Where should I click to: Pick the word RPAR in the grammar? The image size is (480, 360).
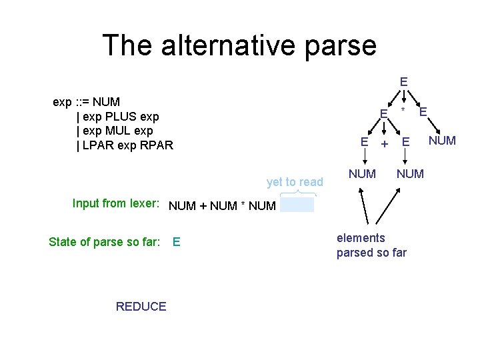[x=157, y=145]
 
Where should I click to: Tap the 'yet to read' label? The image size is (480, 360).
[x=295, y=182]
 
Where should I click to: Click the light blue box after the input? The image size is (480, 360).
[x=297, y=205]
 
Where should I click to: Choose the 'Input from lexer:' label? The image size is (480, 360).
[x=115, y=204]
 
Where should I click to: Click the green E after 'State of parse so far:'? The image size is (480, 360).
[x=176, y=242]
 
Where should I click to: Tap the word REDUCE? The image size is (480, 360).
[x=141, y=307]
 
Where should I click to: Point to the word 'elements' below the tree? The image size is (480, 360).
[x=361, y=238]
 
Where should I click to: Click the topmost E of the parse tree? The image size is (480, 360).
[x=403, y=82]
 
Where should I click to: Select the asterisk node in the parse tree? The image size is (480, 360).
[x=403, y=109]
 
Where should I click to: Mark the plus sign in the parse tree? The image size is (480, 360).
[x=384, y=143]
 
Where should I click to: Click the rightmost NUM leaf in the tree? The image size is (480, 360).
[x=442, y=140]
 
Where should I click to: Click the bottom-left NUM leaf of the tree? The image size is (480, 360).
[x=362, y=174]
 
